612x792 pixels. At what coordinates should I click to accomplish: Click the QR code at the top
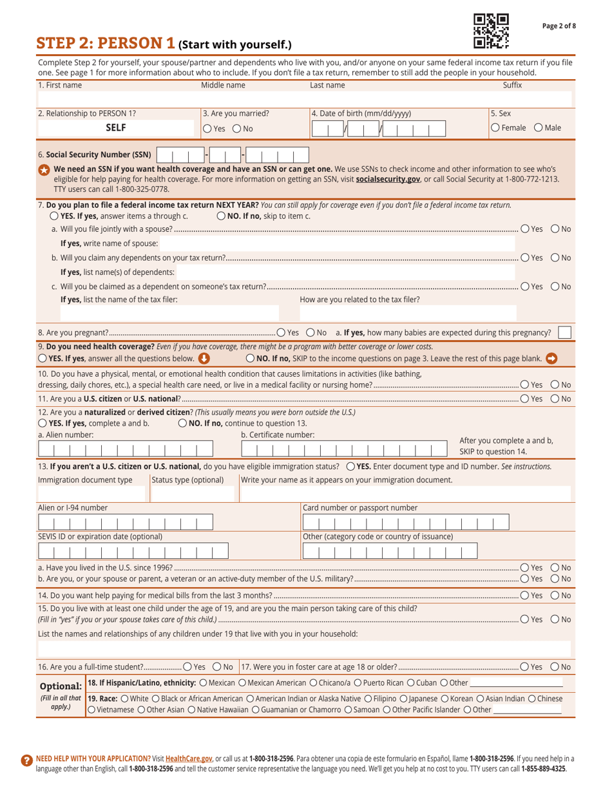(491, 30)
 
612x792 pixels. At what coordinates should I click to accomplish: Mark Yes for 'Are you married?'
(207, 128)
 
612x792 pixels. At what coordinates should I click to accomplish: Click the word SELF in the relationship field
(116, 127)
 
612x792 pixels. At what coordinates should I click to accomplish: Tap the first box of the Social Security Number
(164, 155)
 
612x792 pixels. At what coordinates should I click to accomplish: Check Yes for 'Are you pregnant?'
(280, 332)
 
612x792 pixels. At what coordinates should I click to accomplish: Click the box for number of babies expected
(564, 332)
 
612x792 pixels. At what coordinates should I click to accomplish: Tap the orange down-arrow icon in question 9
(204, 357)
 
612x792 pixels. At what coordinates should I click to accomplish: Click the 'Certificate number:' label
(278, 435)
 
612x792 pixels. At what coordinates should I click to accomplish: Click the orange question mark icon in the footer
(26, 760)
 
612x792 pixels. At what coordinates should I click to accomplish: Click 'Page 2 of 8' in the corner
(559, 25)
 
